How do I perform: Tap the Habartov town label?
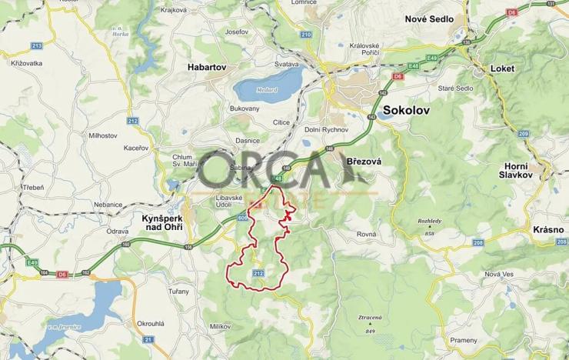(206, 68)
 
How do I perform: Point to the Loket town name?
(501, 68)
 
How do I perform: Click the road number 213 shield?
(36, 45)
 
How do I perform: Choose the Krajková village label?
(175, 10)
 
